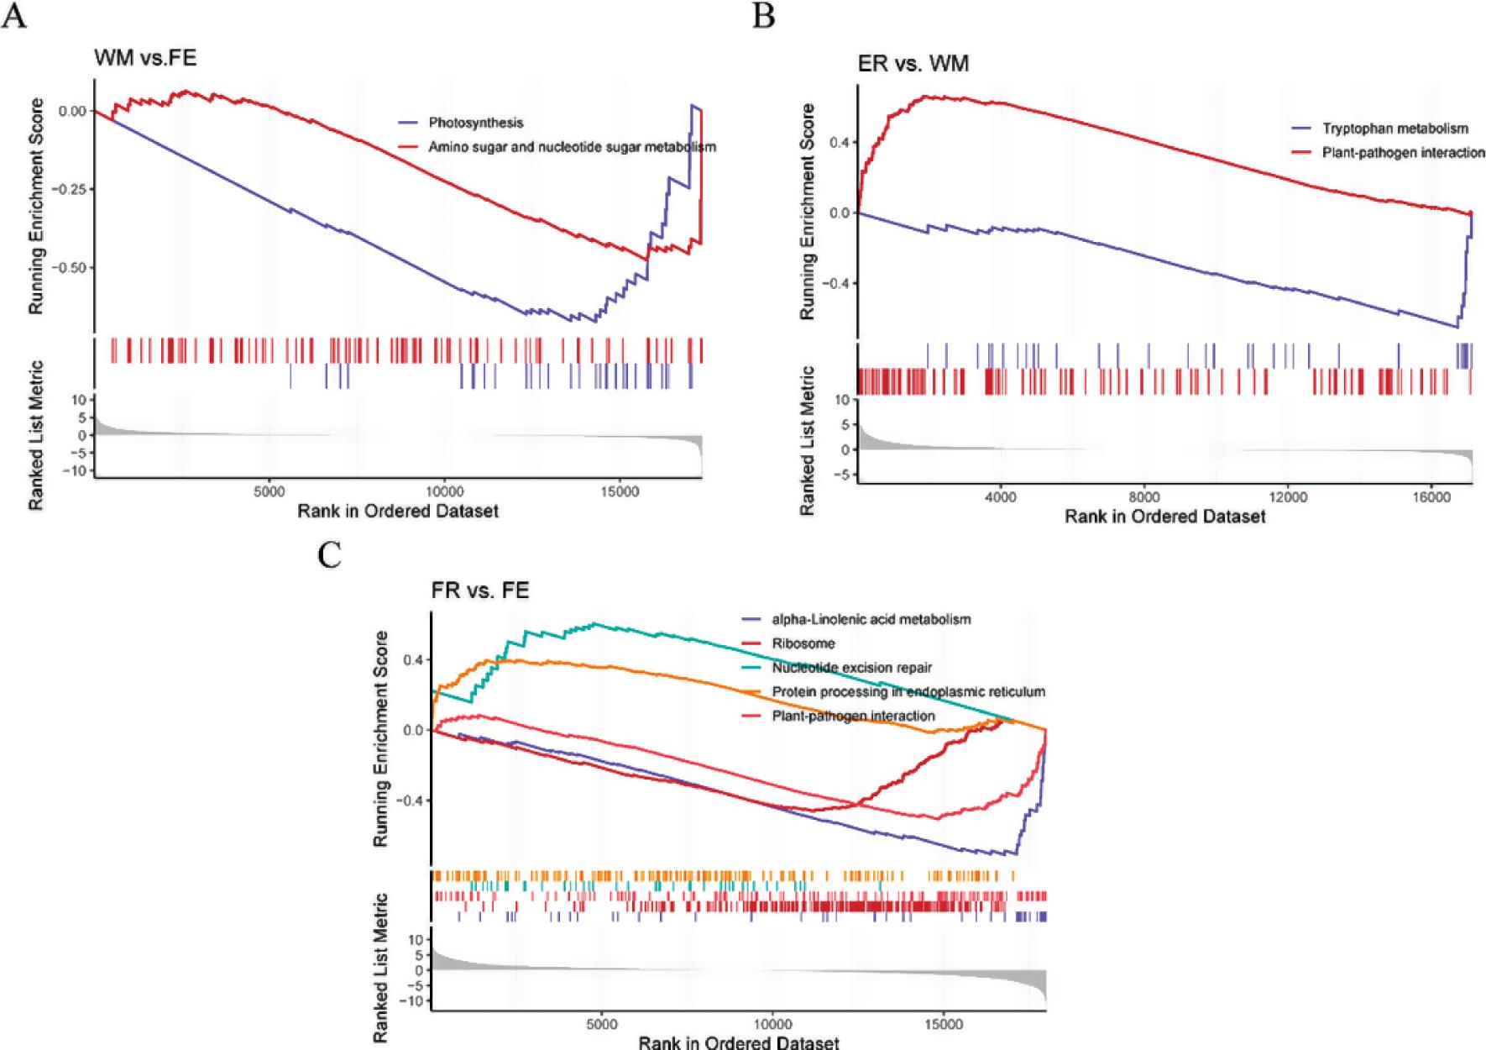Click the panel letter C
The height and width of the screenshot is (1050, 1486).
[329, 554]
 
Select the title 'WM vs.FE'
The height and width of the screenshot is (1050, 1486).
[145, 59]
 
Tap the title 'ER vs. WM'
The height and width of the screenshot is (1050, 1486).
[913, 63]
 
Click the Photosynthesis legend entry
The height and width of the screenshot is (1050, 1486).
[475, 123]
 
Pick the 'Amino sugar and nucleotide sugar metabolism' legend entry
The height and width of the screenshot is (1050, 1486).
[572, 147]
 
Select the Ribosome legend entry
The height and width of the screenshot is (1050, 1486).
[803, 643]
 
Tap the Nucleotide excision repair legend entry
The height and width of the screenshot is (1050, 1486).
[851, 668]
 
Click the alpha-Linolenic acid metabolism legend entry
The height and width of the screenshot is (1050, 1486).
[871, 619]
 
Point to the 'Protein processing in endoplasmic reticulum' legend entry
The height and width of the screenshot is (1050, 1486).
[908, 692]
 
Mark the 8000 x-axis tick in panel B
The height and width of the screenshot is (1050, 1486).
[1143, 497]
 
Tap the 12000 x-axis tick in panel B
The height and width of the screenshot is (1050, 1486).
[1288, 497]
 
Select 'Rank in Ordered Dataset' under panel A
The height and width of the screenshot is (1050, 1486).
[397, 511]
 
